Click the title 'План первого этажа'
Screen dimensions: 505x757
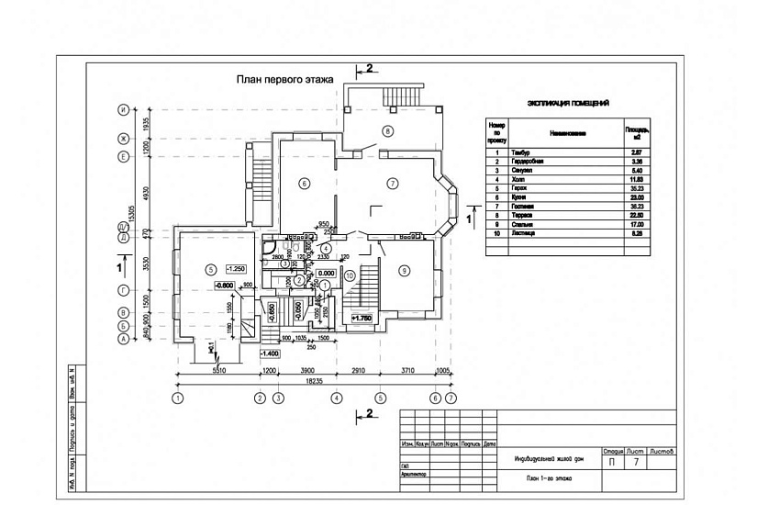coord(281,81)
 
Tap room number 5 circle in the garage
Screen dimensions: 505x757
coord(210,269)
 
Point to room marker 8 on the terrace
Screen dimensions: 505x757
coord(387,131)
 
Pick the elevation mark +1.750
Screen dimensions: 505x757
coord(361,319)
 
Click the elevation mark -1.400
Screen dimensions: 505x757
coord(270,353)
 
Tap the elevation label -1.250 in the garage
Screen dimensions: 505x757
coord(235,269)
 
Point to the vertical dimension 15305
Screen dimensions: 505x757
coord(133,214)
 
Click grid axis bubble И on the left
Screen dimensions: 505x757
coord(122,110)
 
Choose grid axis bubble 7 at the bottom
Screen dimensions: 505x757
coord(451,398)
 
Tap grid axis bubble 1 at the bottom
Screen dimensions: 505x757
coord(178,398)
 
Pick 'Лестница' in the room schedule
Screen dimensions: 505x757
coord(537,234)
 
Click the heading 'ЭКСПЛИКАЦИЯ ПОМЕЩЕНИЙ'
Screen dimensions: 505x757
coord(569,104)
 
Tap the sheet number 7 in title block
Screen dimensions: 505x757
coord(637,464)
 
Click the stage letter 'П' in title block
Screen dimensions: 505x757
coord(612,464)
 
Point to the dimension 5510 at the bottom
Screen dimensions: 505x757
coord(218,371)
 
